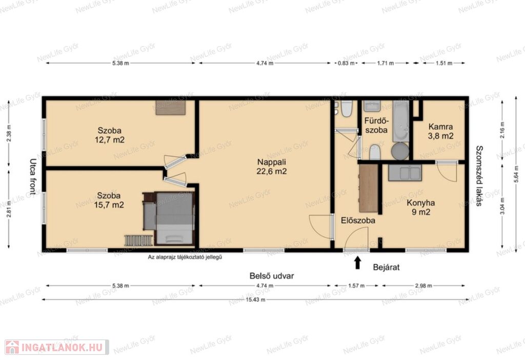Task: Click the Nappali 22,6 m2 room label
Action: [x=272, y=167]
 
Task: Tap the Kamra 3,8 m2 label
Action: [x=440, y=131]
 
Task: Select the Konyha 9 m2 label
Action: [x=421, y=207]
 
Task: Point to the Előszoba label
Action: [x=358, y=221]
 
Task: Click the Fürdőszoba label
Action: [x=376, y=125]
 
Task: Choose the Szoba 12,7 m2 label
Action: [x=110, y=135]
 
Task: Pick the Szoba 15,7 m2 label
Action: [x=109, y=200]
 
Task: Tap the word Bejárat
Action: [x=386, y=267]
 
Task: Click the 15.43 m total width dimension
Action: [x=255, y=299]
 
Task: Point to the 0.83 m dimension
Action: [x=346, y=63]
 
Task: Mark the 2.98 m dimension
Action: [x=423, y=286]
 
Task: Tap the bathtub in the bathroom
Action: [x=400, y=121]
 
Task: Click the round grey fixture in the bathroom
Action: [x=400, y=151]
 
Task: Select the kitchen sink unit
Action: [x=405, y=173]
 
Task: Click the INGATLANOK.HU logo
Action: [x=56, y=347]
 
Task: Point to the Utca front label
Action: [x=32, y=177]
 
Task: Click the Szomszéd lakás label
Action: [x=479, y=175]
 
